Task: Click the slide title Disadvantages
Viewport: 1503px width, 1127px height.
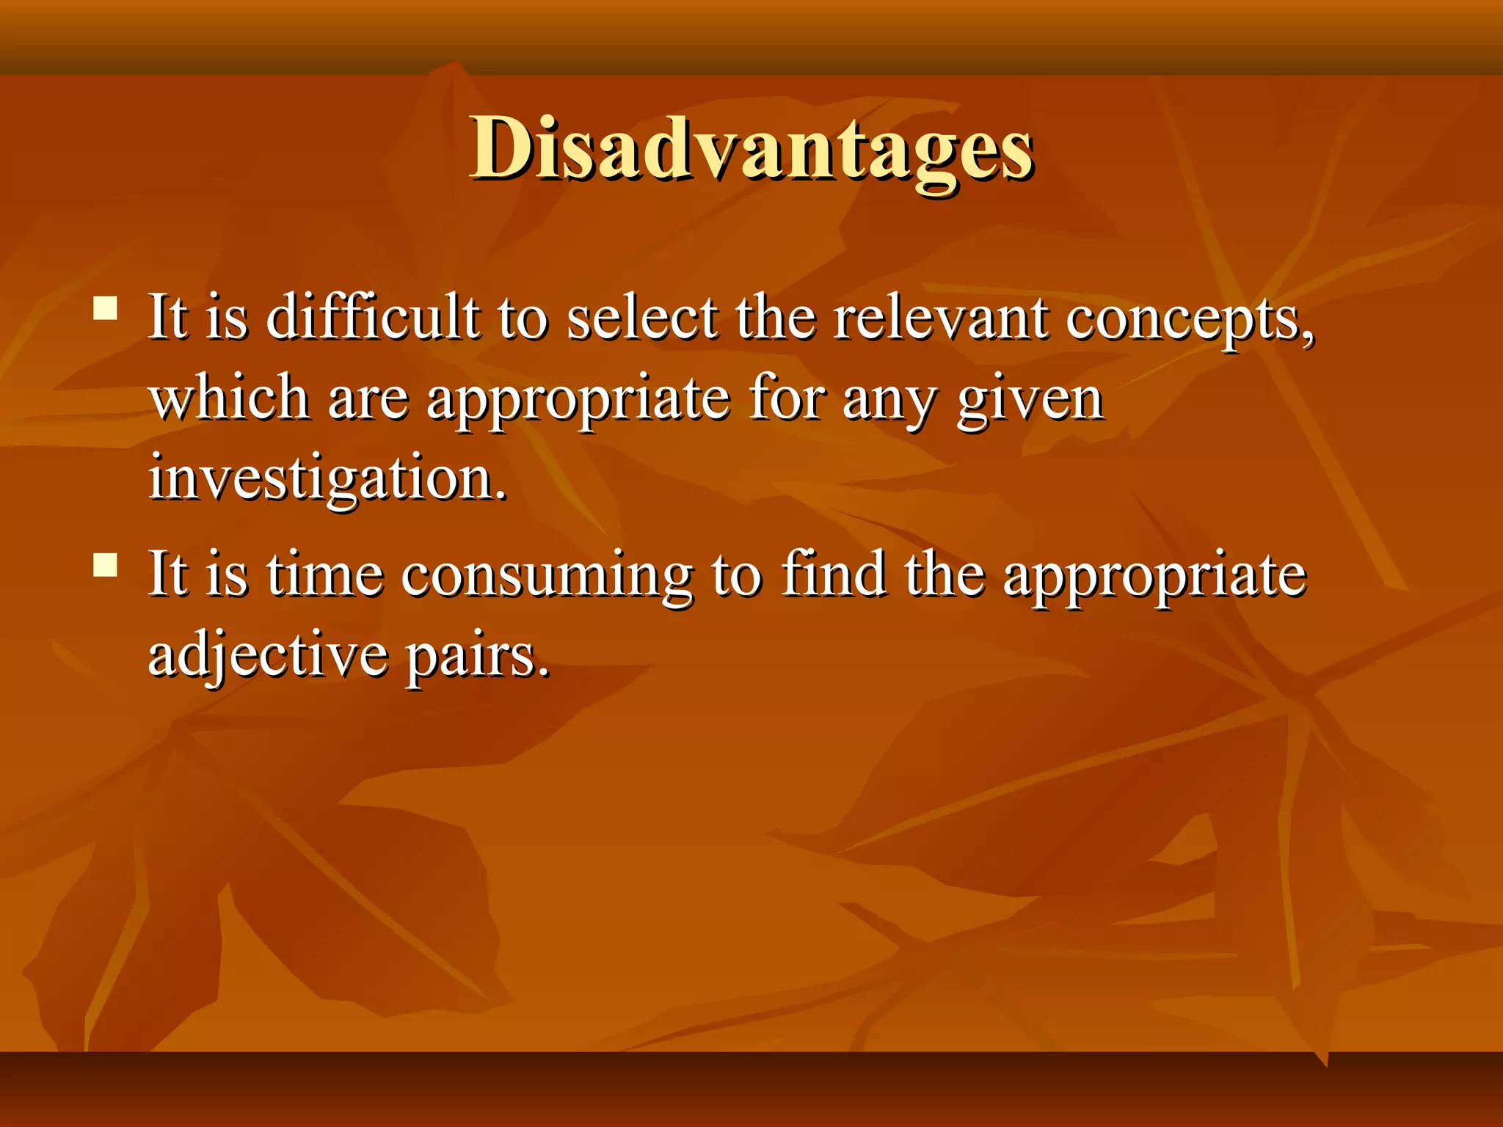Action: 751,150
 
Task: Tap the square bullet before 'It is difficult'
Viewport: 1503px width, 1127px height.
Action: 106,307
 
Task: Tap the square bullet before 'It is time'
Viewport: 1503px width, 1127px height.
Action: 106,564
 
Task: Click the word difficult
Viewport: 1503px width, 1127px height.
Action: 373,318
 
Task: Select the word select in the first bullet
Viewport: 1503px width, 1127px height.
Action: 642,318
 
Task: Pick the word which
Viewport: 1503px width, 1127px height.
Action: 228,398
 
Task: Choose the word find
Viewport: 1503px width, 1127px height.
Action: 832,575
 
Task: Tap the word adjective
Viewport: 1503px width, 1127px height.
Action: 268,655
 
